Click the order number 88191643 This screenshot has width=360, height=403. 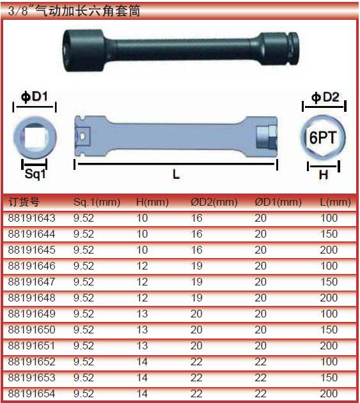click(x=31, y=218)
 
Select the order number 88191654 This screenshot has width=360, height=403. click(x=31, y=394)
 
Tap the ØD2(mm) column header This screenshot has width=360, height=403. click(x=214, y=202)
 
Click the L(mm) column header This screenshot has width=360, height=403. click(x=335, y=202)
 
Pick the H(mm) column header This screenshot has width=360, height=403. click(x=152, y=202)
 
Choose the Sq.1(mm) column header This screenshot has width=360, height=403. click(x=97, y=202)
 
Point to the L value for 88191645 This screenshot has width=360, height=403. click(x=329, y=250)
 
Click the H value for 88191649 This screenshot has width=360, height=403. click(x=142, y=314)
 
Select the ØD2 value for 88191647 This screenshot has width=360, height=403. click(x=196, y=282)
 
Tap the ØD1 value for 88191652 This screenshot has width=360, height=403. click(x=260, y=362)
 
